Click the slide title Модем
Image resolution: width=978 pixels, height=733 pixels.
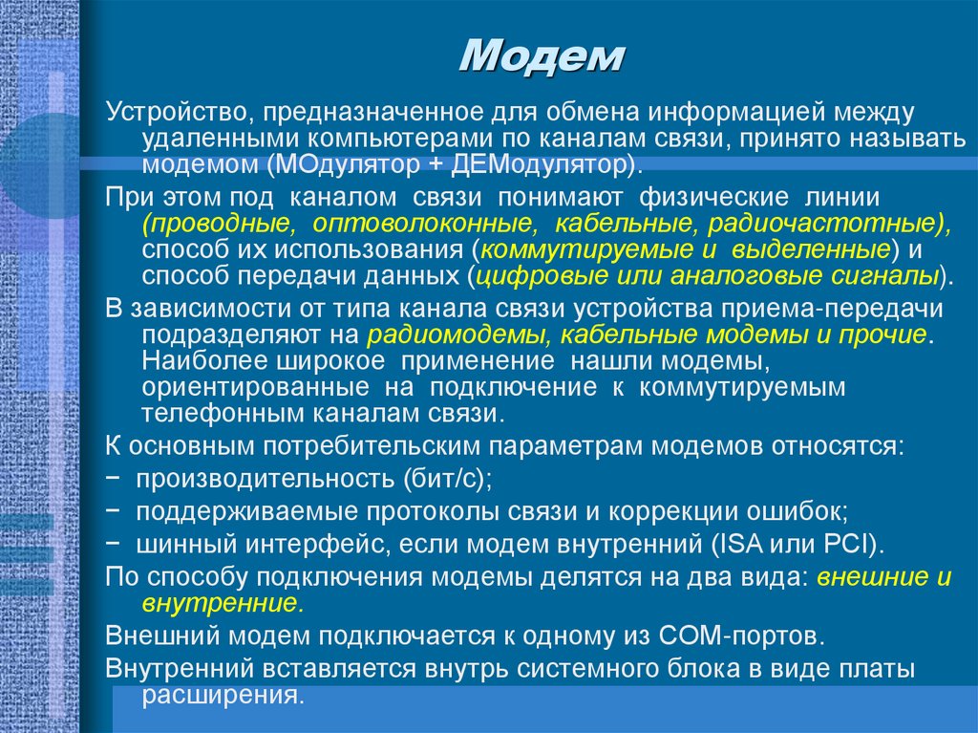[x=541, y=57]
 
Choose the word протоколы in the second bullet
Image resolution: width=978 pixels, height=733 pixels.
[x=376, y=511]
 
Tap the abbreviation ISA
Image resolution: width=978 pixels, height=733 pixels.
[x=720, y=545]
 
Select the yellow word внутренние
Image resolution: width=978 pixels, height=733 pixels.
[x=221, y=604]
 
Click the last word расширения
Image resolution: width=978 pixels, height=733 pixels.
[x=221, y=695]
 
